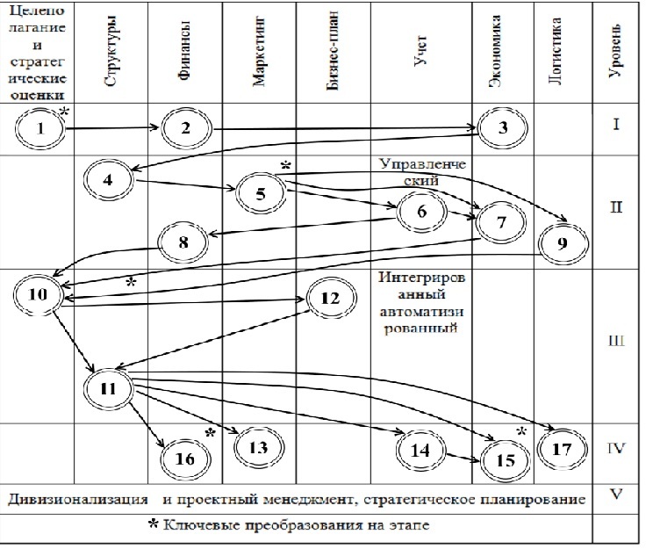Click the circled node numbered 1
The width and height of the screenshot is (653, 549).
pos(40,130)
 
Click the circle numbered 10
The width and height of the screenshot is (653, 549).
pos(36,293)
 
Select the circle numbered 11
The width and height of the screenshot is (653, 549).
pos(109,387)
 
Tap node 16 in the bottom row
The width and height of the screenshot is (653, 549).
pos(185,457)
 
